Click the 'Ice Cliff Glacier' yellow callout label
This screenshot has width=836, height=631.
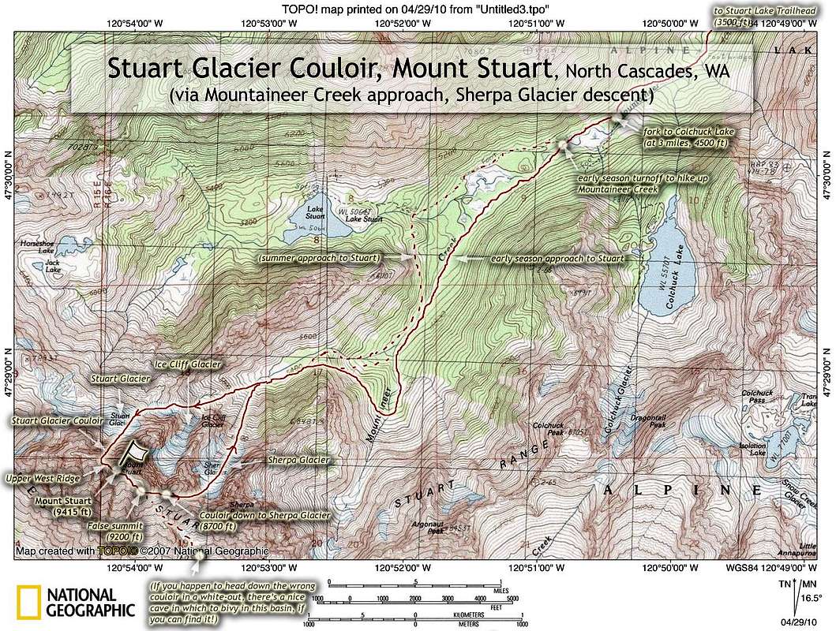(189, 364)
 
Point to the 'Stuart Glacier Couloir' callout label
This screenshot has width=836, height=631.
(58, 421)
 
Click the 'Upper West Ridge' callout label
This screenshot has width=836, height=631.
(46, 478)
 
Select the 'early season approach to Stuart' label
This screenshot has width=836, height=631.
(557, 258)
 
